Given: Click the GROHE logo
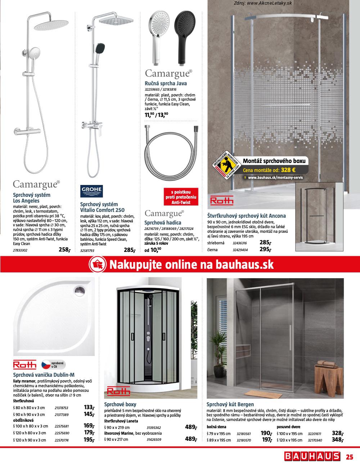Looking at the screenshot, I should click(92, 191).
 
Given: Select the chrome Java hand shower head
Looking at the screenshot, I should click(157, 32).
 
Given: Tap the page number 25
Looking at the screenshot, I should click(350, 457).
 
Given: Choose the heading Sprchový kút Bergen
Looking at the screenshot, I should click(230, 404).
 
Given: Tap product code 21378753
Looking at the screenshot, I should click(61, 408).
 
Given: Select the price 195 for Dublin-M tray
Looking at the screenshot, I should click(89, 440).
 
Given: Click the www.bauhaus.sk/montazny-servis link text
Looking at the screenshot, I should click(275, 178).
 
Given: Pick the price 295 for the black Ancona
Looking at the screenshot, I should click(265, 249).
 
